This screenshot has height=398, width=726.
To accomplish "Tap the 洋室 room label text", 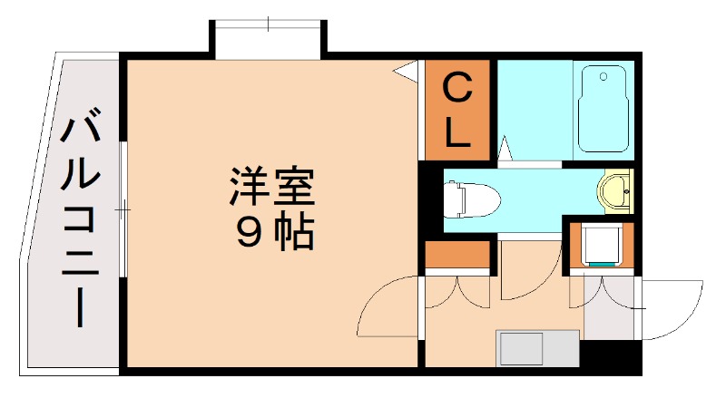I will coord(270,188).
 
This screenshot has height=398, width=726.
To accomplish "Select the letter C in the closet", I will coord(457,90).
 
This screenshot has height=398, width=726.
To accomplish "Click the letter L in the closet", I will coord(457,133).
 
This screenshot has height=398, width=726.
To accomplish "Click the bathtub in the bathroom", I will coord(603,109).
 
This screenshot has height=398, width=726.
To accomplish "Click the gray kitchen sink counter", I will coord(537,348).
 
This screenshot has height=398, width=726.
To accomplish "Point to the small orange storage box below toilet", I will coord(457,256).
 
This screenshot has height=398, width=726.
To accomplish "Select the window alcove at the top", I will coord(269,39).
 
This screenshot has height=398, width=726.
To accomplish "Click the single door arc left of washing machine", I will coord(522,281).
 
